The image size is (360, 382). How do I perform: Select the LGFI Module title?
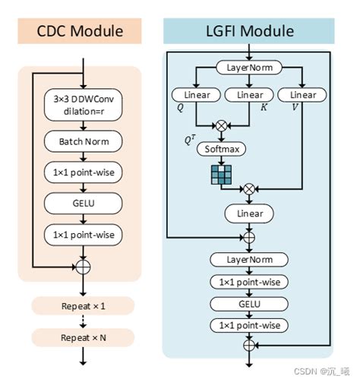click(x=249, y=32)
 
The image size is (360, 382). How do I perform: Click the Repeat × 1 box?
click(x=83, y=305)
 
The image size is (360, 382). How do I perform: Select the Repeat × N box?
click(x=83, y=336)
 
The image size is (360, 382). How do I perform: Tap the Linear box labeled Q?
click(x=196, y=96)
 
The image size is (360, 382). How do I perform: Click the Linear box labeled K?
click(x=249, y=96)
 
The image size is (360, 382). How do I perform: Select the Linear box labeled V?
click(x=302, y=96)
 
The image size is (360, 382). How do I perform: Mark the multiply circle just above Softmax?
click(x=223, y=123)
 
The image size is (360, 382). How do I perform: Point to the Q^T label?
click(x=189, y=140)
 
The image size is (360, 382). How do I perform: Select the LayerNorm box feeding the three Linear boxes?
click(x=249, y=68)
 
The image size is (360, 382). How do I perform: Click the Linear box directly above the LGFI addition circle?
click(x=249, y=214)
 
